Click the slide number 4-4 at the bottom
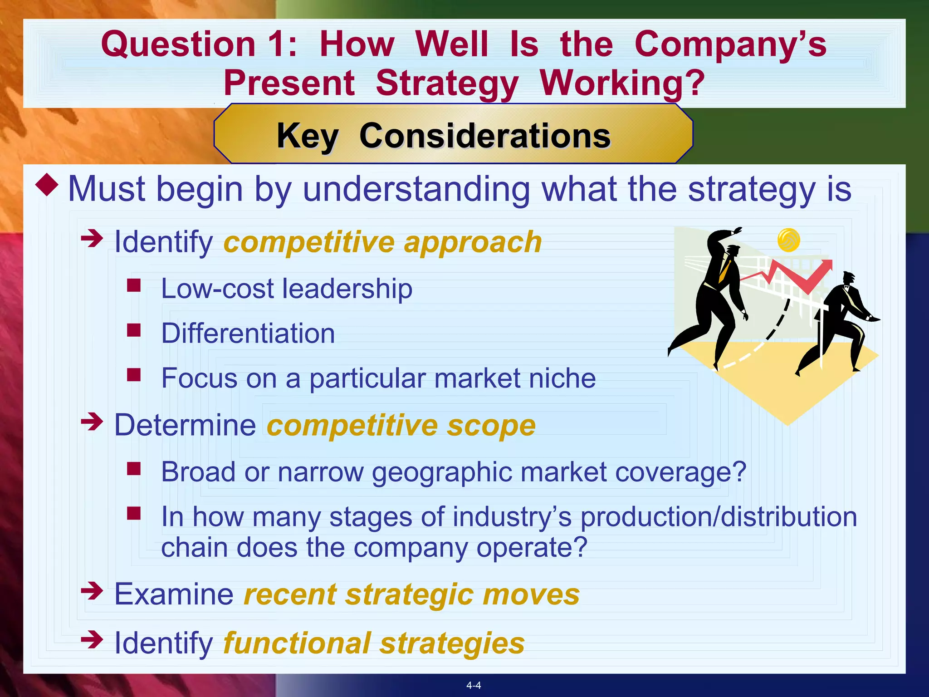click(474, 685)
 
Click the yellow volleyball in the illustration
click(788, 240)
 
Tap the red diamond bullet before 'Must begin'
click(47, 185)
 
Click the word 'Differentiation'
click(248, 334)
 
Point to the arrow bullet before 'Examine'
click(92, 591)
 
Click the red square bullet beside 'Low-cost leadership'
click(134, 285)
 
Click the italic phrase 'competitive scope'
click(401, 425)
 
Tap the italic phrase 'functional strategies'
click(374, 643)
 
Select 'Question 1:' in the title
click(199, 44)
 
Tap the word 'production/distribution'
click(719, 517)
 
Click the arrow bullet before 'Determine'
click(92, 422)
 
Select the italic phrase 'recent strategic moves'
click(411, 594)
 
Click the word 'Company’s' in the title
click(730, 44)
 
